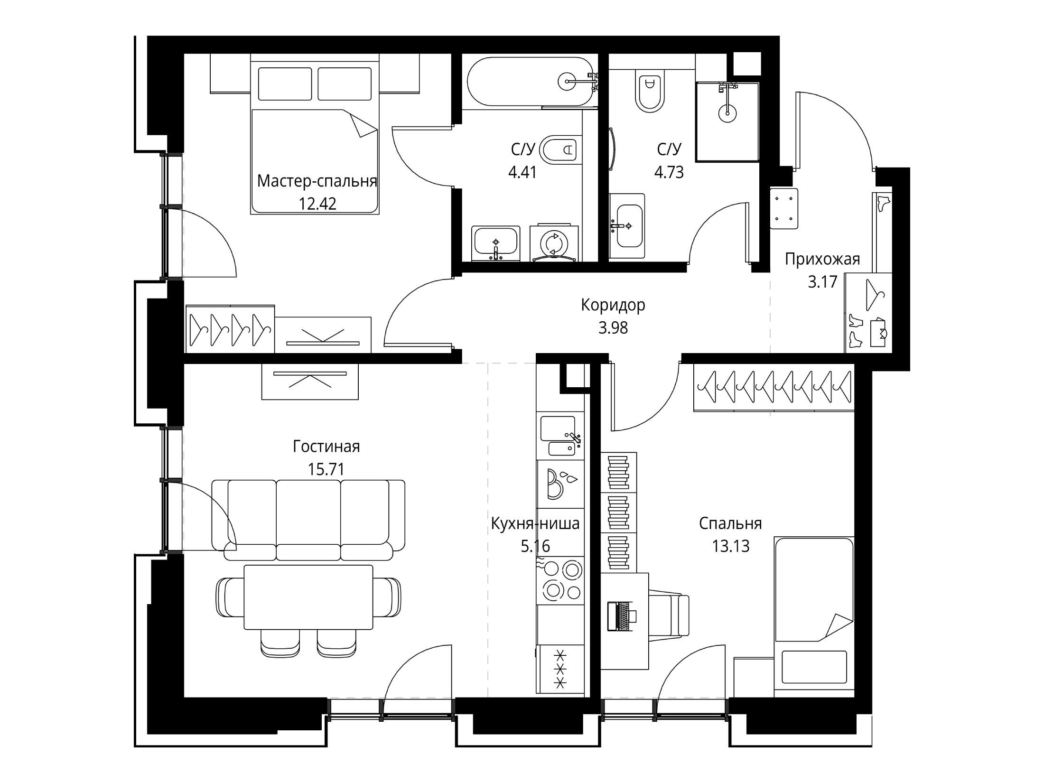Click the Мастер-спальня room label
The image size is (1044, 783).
point(317,181)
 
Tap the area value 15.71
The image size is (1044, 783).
point(326,469)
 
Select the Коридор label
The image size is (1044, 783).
point(613,305)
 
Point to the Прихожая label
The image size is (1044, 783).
point(822,259)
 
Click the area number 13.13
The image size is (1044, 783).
point(731,546)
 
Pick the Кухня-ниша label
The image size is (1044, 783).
point(535,524)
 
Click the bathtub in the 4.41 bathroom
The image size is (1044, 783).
point(531,82)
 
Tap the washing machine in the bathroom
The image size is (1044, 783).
point(554,242)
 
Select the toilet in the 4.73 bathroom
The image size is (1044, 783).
point(650,93)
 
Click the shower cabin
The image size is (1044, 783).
point(727,121)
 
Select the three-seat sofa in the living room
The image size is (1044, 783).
point(308,520)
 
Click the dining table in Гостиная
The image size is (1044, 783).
point(308,597)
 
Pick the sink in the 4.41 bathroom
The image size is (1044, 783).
point(496,243)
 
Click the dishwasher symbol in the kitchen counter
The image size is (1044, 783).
point(560,484)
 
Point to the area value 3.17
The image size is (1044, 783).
point(822,282)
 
